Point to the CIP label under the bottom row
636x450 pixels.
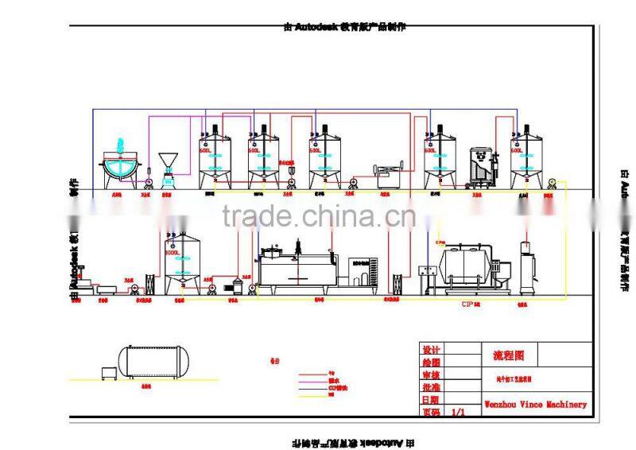point(468,304)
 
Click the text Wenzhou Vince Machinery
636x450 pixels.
point(535,404)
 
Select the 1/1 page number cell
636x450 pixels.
point(459,413)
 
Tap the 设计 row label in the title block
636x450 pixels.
point(431,350)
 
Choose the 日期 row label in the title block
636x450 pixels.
point(431,400)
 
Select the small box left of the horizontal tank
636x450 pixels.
point(107,373)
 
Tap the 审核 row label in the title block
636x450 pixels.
point(431,374)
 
